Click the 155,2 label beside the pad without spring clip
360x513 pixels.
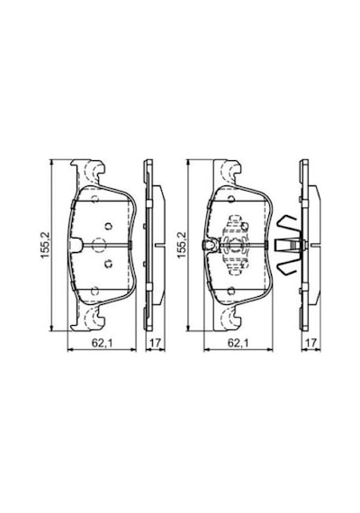pyautogui.click(x=45, y=245)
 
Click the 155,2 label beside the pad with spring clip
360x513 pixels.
pyautogui.click(x=181, y=245)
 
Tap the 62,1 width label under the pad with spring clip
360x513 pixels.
pyautogui.click(x=238, y=343)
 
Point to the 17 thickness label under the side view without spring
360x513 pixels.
pyautogui.click(x=155, y=343)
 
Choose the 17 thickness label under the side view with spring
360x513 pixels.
pyautogui.click(x=310, y=343)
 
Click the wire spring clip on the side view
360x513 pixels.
pyautogui.click(x=288, y=245)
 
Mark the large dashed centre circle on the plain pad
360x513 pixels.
pyautogui.click(x=98, y=245)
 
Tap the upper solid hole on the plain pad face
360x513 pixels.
pyautogui.click(x=108, y=226)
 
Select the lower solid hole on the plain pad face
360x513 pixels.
pyautogui.click(x=108, y=263)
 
